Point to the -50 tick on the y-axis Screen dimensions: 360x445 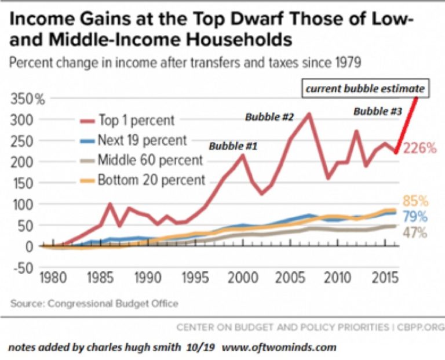23,267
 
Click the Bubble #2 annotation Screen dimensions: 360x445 269,117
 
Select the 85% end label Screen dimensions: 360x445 415,202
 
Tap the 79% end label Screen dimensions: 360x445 415,217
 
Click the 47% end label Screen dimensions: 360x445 415,233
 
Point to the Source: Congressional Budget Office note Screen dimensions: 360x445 94,303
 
